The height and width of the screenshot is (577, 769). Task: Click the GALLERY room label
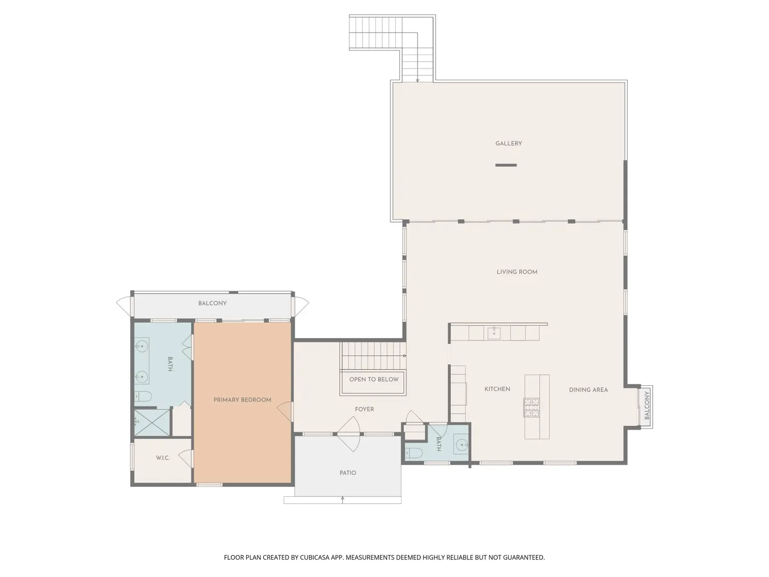pos(508,143)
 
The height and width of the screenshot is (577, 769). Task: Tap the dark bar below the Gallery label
pos(506,165)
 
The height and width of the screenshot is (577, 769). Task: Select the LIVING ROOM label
pos(517,272)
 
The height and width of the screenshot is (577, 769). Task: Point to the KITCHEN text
pos(497,389)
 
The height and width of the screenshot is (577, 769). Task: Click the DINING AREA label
pos(588,389)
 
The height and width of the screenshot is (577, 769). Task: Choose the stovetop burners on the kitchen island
pos(531,408)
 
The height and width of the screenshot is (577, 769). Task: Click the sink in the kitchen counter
pos(494,333)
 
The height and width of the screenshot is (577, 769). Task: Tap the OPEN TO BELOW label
pos(374,379)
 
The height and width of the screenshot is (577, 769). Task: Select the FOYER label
pos(364,409)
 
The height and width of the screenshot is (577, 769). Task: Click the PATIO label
pos(348,473)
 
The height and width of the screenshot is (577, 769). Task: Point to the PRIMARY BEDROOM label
pos(242,400)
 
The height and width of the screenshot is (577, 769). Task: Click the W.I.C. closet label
pos(162,458)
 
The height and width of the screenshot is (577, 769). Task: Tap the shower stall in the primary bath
pos(152,423)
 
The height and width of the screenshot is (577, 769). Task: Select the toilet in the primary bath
pos(143,396)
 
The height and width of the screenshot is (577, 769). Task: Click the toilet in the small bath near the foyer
pos(414,453)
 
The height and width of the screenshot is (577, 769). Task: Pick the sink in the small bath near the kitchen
pos(461,445)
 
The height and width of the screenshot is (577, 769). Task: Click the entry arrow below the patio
pos(343,500)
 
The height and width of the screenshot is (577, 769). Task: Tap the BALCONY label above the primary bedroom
pos(213,303)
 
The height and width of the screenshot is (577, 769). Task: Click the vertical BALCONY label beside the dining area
pos(647,406)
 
